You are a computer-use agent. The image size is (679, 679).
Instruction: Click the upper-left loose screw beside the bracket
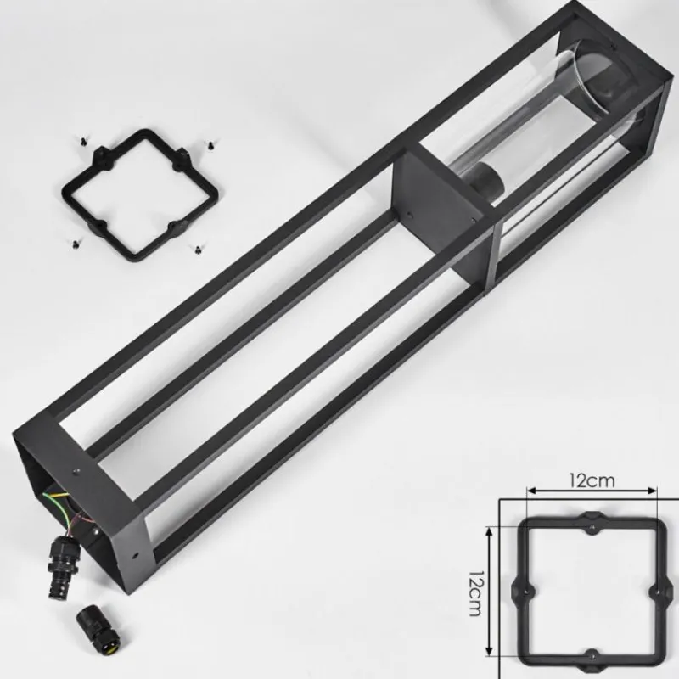(x=82, y=141)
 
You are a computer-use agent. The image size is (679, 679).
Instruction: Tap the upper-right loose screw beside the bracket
(x=210, y=144)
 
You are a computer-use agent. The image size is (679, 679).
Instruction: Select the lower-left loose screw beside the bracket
(x=76, y=244)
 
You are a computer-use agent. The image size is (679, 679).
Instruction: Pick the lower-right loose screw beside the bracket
(x=197, y=250)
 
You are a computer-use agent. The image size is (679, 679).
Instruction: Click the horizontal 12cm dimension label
(x=592, y=480)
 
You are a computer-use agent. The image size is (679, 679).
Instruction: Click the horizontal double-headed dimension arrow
(x=592, y=491)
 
